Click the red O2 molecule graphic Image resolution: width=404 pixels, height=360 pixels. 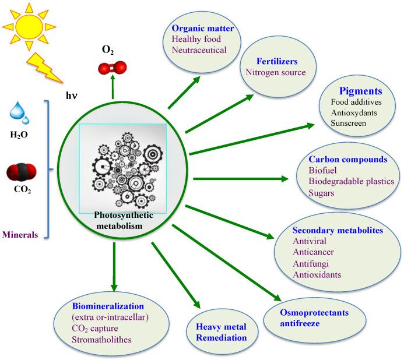pos(110,69)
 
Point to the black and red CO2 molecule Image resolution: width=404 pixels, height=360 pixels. pos(22,173)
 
